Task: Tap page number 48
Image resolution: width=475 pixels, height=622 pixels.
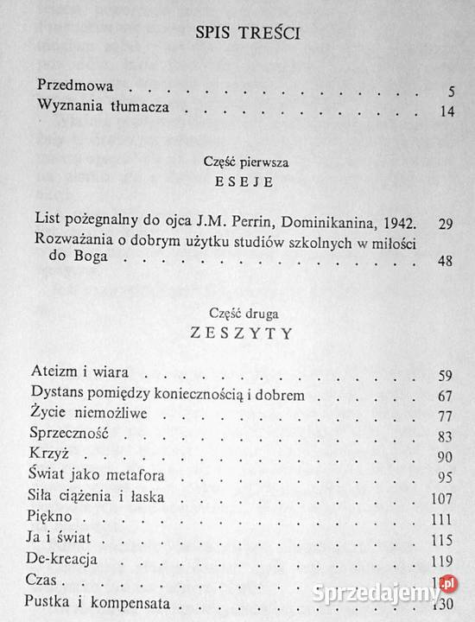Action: pos(446,263)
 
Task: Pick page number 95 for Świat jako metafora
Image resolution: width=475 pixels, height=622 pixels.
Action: pos(446,477)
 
